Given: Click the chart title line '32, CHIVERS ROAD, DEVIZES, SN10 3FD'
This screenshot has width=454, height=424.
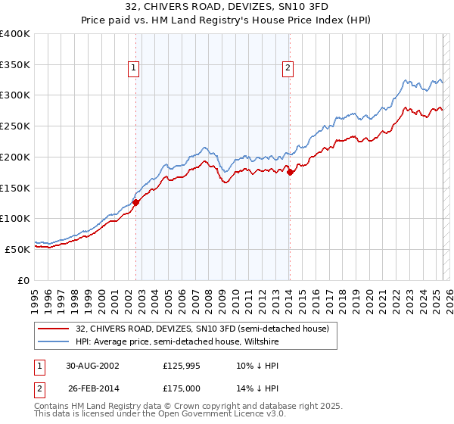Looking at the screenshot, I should (x=226, y=7).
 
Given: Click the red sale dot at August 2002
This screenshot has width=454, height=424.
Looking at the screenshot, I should (x=136, y=202).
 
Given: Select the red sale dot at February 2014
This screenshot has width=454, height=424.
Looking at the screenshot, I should (x=290, y=173).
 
